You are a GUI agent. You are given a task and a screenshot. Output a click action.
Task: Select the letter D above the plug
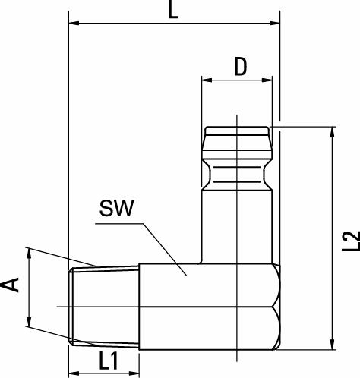click(x=240, y=67)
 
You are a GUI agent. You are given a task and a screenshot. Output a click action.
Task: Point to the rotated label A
click(x=11, y=285)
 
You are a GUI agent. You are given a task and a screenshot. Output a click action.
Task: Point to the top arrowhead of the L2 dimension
click(x=332, y=132)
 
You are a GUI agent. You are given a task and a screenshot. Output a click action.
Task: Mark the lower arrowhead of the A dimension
click(x=29, y=324)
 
